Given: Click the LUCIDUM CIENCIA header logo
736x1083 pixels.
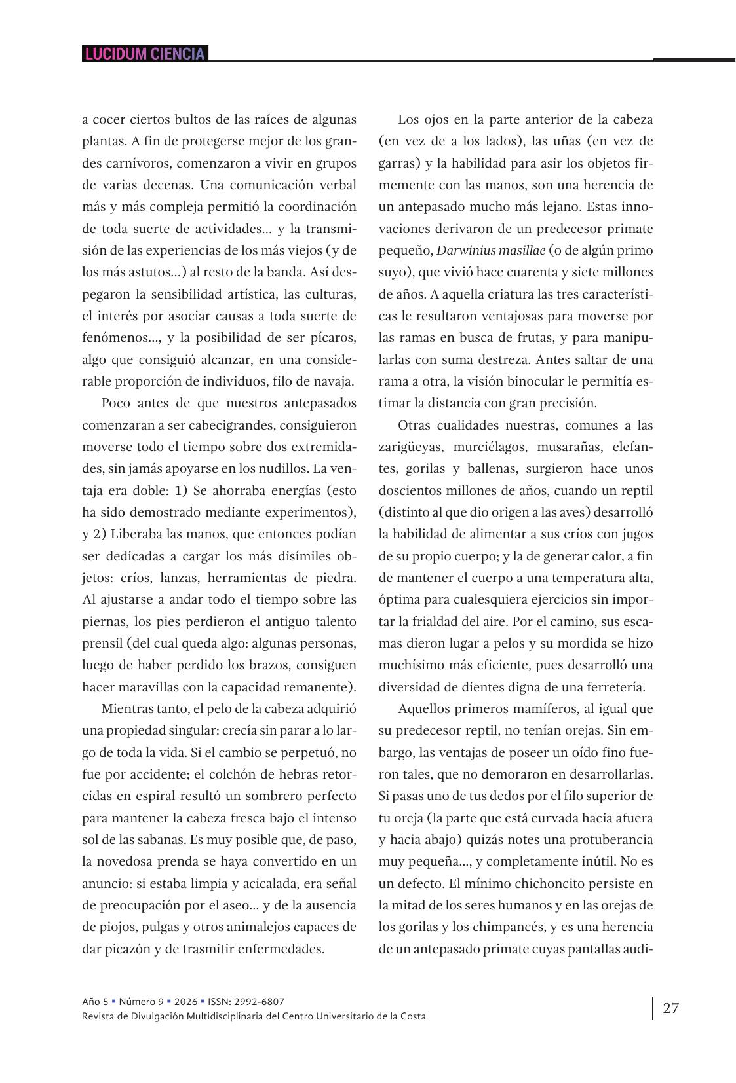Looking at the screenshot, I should click(x=145, y=54).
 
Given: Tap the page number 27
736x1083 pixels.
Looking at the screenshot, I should click(x=670, y=1008).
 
